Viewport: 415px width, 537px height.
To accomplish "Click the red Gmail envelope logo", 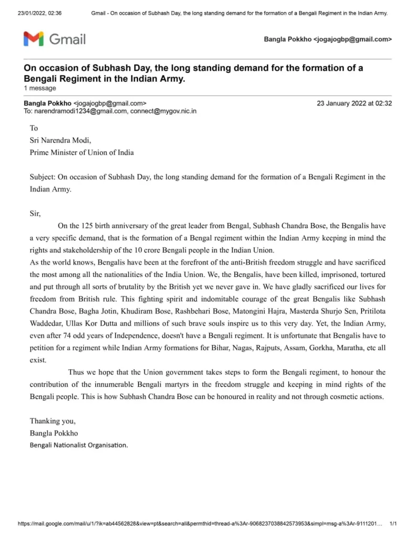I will click(x=34, y=39).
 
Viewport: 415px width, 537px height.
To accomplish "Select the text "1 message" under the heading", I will click(x=40, y=88).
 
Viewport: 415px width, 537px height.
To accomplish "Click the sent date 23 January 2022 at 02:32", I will click(x=354, y=103).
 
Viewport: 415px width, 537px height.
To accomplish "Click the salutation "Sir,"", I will click(x=35, y=213).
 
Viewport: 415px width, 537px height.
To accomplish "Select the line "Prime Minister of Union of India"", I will click(x=81, y=153).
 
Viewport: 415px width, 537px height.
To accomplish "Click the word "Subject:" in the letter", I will click(x=42, y=177).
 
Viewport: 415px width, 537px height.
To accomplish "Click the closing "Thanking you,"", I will click(x=52, y=421).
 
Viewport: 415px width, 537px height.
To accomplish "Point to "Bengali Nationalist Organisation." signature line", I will click(x=79, y=445).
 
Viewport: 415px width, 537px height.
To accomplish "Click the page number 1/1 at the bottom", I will click(x=393, y=524).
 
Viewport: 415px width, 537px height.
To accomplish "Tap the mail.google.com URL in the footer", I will click(x=199, y=524).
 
